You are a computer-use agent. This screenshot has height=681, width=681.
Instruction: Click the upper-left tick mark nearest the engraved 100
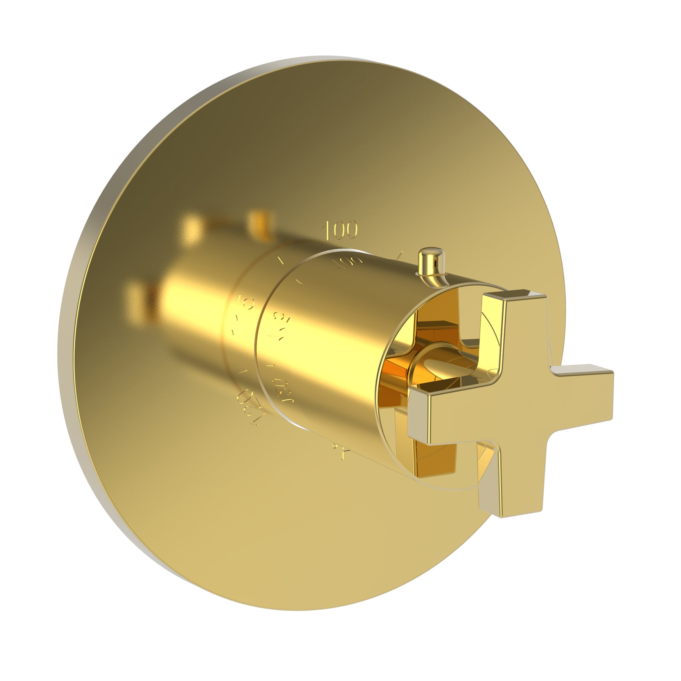[281, 261]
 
